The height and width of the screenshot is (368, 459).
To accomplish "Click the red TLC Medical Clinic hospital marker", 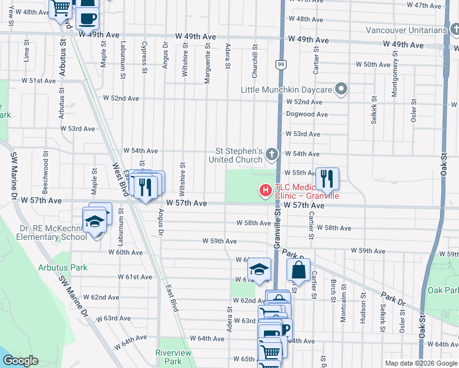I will (x=266, y=191).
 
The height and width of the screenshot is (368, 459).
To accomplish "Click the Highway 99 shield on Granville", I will (x=280, y=64).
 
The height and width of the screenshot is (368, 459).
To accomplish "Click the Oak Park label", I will (x=443, y=289).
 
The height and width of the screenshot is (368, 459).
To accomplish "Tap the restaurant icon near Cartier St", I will (x=327, y=178).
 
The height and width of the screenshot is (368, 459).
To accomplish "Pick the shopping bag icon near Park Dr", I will (x=298, y=269).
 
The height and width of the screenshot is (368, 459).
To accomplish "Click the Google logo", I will (x=20, y=361).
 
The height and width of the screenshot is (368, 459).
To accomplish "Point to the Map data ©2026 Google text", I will (x=421, y=363).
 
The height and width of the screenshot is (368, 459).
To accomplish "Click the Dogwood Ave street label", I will (x=307, y=114).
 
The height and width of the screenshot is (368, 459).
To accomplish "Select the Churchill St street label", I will (x=254, y=61).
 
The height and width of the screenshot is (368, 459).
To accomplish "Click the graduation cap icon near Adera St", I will (x=259, y=269).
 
